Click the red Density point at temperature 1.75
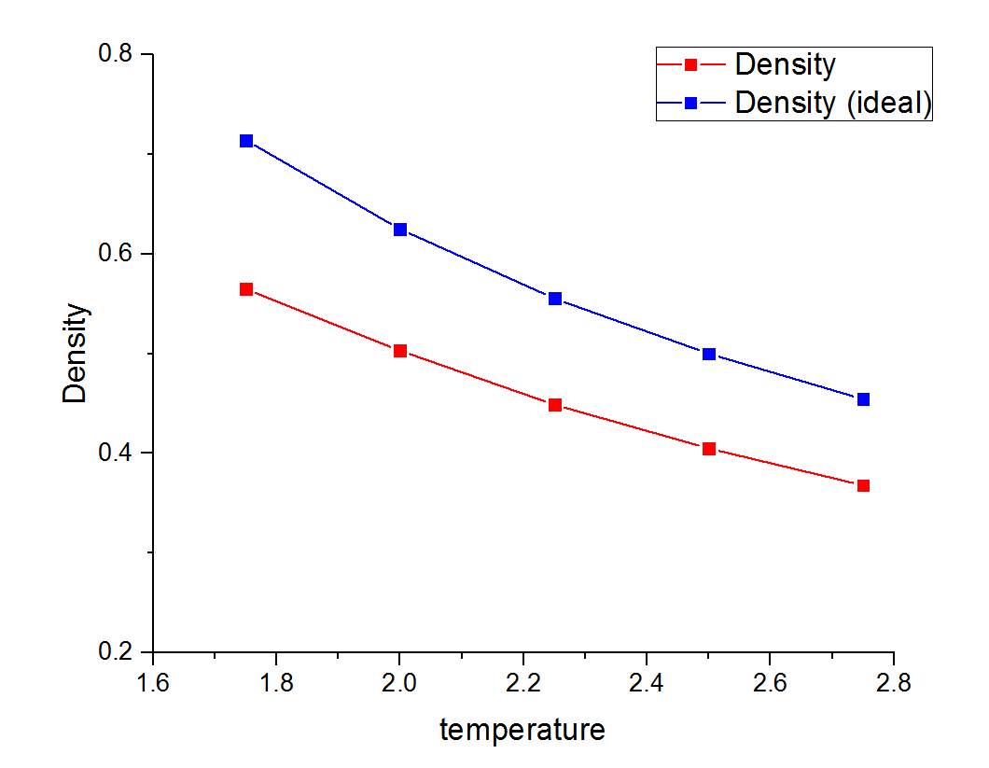point(246,289)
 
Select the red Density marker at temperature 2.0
point(400,351)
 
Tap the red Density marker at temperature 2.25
point(555,405)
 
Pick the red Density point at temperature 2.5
point(709,449)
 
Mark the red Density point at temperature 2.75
point(863,485)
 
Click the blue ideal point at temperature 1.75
point(246,141)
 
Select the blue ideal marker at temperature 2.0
point(400,230)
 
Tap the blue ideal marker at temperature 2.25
point(555,299)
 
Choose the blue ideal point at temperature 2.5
point(709,354)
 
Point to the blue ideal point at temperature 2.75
point(863,399)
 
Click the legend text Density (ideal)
point(833,103)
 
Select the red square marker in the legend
point(691,64)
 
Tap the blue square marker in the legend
point(691,103)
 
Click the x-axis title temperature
point(522,729)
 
